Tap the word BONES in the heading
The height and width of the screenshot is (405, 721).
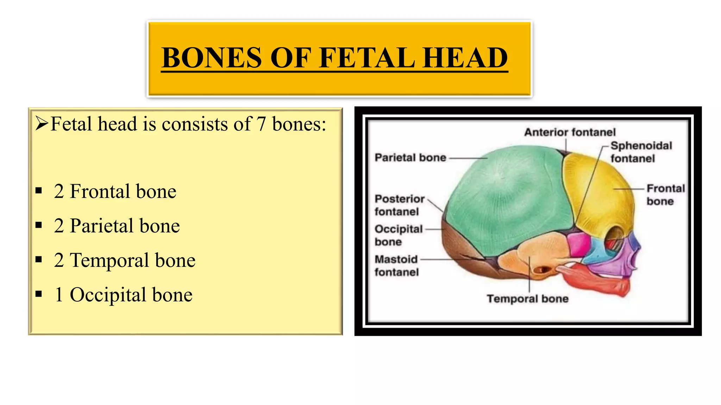point(212,58)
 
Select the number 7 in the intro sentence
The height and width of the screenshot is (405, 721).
point(261,124)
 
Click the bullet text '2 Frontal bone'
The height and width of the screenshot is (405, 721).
point(115,192)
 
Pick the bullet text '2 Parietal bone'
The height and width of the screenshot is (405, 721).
point(117,226)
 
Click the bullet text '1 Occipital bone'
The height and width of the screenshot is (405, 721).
point(123,295)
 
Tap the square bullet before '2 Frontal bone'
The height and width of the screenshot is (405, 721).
point(39,191)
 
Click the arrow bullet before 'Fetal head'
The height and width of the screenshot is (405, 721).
point(42,124)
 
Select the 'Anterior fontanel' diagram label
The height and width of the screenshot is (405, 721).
point(570,132)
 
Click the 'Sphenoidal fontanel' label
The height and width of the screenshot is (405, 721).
point(641,152)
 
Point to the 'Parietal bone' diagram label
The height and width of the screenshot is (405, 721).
point(410,157)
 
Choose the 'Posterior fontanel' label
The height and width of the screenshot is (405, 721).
point(399,205)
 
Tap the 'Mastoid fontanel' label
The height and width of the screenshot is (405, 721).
point(396,266)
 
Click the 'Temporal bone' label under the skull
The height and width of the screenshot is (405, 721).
point(527,299)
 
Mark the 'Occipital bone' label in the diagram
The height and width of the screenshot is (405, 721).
point(398,236)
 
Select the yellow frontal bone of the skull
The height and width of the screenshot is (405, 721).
point(598,190)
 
